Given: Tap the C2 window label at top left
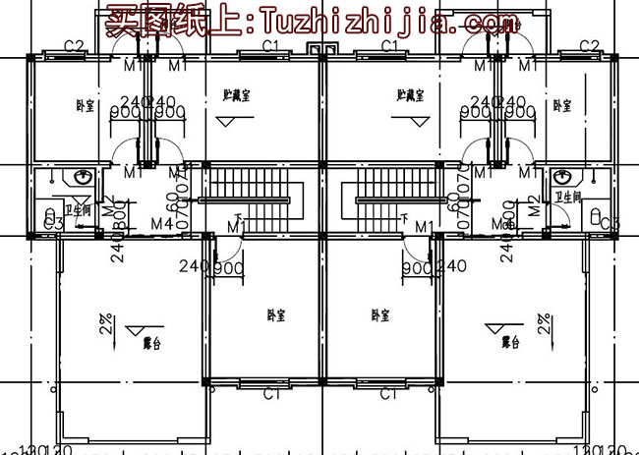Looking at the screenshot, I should point(72,46).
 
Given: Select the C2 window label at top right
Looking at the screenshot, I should point(589,46).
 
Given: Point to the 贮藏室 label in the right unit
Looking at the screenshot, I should point(410,96).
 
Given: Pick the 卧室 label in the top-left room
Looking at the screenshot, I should point(83,106).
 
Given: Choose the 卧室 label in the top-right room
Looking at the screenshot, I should point(560,106).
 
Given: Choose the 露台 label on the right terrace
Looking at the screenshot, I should point(508,342).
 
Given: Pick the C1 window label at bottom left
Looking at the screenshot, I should point(273,394).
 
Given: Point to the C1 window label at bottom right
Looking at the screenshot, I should point(387,394).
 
